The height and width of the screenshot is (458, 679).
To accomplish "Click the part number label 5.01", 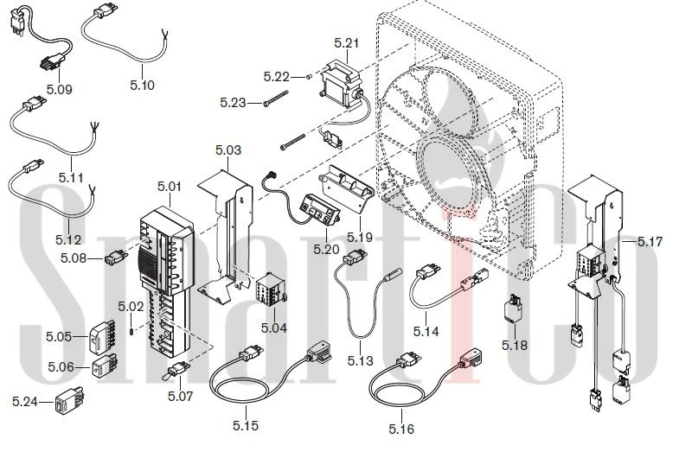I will [170, 187].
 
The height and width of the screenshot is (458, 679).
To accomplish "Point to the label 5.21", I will [346, 42].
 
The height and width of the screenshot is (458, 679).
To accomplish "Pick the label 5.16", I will [401, 429].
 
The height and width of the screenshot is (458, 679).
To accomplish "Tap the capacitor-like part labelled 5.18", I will [516, 314].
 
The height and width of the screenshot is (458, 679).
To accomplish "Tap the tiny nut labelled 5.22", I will [309, 76].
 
